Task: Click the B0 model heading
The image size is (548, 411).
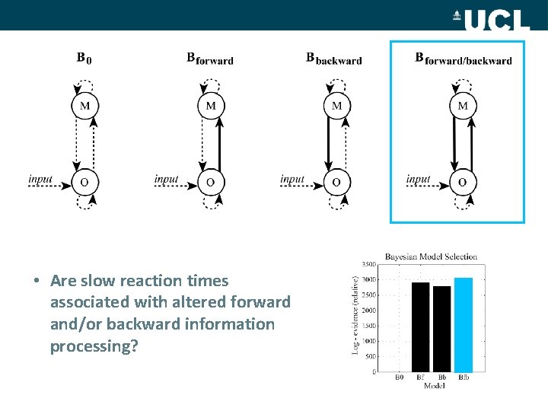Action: pyautogui.click(x=84, y=58)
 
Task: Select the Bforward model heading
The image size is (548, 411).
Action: pyautogui.click(x=210, y=59)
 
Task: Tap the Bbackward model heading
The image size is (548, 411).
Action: pyautogui.click(x=333, y=59)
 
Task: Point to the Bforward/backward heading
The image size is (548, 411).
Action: pyautogui.click(x=463, y=59)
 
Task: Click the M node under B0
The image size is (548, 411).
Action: pyautogui.click(x=84, y=106)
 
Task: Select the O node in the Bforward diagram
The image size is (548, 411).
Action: pyautogui.click(x=211, y=182)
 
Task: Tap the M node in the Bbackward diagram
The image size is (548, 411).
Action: pyautogui.click(x=337, y=106)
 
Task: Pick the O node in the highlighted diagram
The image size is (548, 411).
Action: pyautogui.click(x=462, y=182)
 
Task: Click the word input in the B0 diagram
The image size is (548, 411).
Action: pyautogui.click(x=40, y=180)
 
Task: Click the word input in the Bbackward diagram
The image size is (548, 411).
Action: pyautogui.click(x=292, y=180)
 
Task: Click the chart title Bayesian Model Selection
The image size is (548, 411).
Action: pyautogui.click(x=431, y=256)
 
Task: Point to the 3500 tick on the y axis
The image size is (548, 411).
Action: pyautogui.click(x=368, y=263)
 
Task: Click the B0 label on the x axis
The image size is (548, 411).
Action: pyautogui.click(x=400, y=377)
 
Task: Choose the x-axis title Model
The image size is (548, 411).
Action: pyautogui.click(x=432, y=385)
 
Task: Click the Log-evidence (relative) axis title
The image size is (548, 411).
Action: pyautogui.click(x=356, y=314)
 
